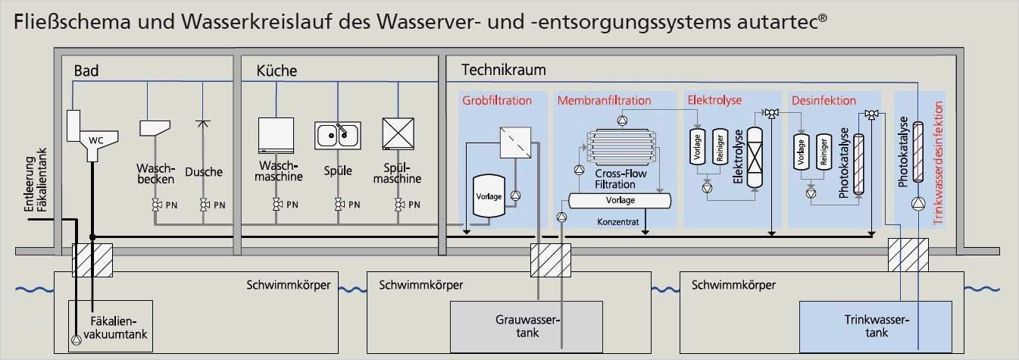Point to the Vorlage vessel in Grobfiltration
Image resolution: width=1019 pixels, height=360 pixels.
point(488,196)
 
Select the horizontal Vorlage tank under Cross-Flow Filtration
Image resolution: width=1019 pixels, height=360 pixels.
point(620,200)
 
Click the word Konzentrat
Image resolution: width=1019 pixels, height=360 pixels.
point(619,222)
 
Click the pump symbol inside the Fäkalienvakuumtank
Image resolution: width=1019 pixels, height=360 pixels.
point(75,340)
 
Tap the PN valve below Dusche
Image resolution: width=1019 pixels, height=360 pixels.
point(204,205)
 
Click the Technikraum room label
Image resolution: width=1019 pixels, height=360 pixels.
point(503,70)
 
